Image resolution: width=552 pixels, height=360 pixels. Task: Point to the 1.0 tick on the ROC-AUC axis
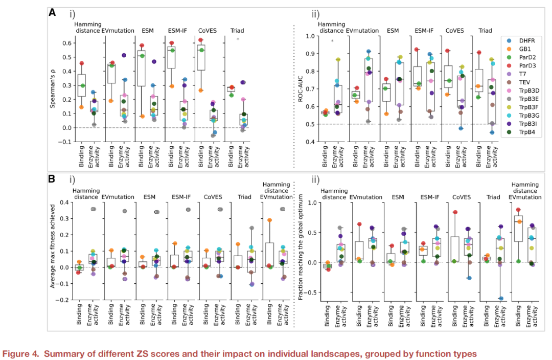tap(309, 36)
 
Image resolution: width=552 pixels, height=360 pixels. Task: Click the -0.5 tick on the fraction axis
tap(308, 293)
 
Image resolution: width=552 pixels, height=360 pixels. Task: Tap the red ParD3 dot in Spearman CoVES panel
tap(201, 40)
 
